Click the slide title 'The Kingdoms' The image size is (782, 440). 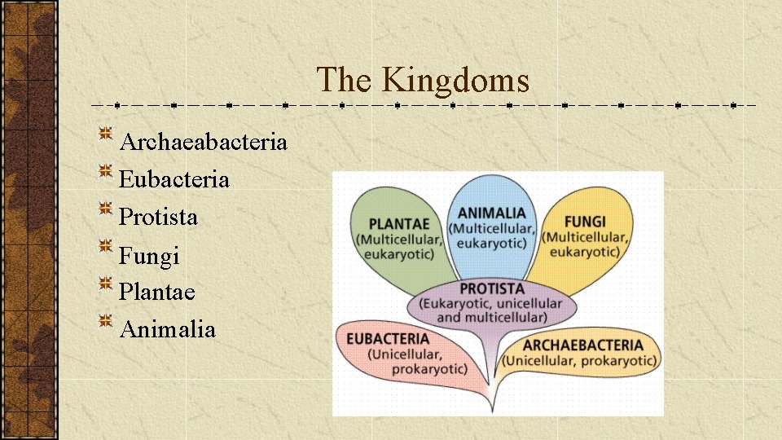point(423,80)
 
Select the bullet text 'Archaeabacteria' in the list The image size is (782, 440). point(203,142)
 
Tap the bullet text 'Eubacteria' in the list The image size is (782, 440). point(174,179)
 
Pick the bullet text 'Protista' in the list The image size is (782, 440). point(158,217)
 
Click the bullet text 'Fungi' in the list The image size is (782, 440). point(149,256)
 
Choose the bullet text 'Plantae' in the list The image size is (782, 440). point(157,291)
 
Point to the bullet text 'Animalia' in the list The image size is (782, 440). point(167,329)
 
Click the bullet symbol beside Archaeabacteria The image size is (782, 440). point(106,134)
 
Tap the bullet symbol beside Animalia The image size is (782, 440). point(106,321)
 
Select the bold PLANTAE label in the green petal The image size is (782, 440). point(398,223)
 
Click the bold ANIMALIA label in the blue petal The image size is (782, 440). point(491,213)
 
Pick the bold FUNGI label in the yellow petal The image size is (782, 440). point(584,222)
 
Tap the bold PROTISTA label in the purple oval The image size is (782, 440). point(492,288)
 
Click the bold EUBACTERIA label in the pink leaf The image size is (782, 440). point(388,338)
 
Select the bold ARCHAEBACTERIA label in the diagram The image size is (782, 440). point(582,345)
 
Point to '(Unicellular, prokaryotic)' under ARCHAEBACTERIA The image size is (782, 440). point(579,360)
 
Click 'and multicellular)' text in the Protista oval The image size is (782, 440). point(491,316)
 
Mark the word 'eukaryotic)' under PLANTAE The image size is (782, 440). point(399,253)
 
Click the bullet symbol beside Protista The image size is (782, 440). point(106,209)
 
